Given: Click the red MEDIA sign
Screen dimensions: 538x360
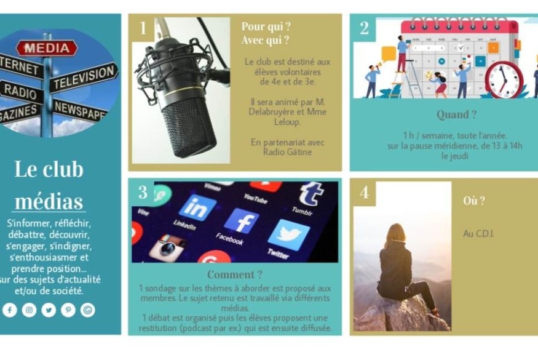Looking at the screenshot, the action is click(47, 48).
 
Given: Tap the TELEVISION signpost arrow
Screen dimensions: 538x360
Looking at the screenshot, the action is click(84, 78).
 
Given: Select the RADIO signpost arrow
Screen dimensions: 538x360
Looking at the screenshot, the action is click(20, 91).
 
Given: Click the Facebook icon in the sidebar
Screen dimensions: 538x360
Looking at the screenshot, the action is click(10, 310).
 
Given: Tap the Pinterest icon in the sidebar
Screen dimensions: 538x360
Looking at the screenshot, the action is click(68, 310).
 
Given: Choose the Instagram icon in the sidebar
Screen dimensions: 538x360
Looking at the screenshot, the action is click(29, 310).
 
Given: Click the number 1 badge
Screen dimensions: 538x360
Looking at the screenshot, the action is click(143, 28).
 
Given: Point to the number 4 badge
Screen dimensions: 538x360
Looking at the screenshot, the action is click(365, 192).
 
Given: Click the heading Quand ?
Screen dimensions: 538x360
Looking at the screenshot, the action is click(456, 114).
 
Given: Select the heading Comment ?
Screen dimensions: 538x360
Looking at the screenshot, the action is click(235, 274).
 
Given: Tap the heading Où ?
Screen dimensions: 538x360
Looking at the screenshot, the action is click(474, 201).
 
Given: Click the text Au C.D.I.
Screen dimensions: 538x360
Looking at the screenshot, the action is click(478, 234).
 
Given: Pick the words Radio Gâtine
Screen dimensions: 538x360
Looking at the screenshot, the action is click(287, 152).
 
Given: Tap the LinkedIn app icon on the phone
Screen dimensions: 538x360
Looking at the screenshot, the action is click(197, 207).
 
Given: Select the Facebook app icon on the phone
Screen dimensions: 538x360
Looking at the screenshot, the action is click(241, 222).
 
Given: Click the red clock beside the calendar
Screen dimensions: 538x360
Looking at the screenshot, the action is click(504, 80).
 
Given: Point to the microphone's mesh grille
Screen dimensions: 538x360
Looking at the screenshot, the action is click(189, 127).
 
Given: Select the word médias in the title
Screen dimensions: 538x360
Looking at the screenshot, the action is click(49, 201).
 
